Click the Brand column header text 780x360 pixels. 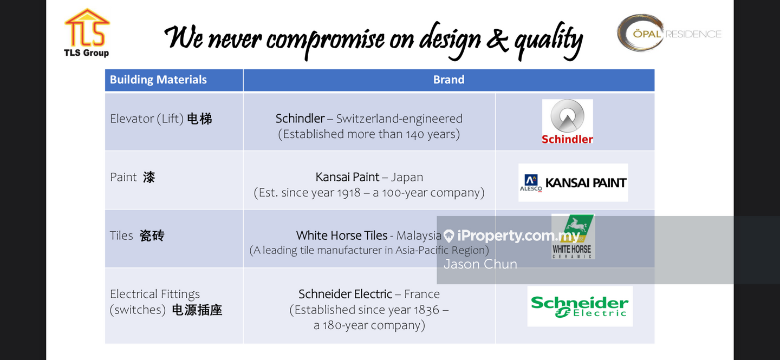coord(448,80)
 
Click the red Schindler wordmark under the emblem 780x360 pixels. coord(567,139)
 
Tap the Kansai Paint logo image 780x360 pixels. coord(573,182)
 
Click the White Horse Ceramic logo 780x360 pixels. coord(573,237)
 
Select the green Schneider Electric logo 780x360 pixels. coord(580,306)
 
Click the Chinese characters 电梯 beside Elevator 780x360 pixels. coord(199,119)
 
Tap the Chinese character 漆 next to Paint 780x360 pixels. coord(149,177)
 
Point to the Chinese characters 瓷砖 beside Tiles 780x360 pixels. coord(152,235)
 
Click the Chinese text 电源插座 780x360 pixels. coord(197,310)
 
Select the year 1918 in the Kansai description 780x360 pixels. coord(349,193)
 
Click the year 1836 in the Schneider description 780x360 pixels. coord(427,310)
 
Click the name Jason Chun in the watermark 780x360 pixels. coord(480,264)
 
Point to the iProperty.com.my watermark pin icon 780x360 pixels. coord(449,236)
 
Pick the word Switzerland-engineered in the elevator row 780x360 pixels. coord(399,119)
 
